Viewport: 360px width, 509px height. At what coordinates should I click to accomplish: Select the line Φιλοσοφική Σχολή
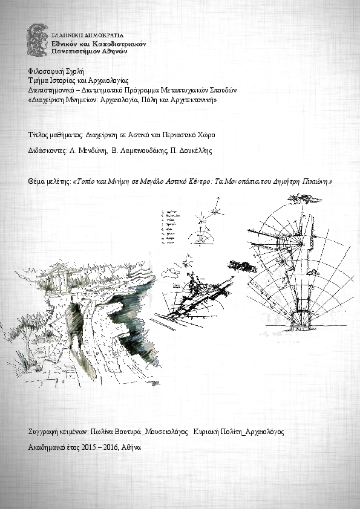(51, 71)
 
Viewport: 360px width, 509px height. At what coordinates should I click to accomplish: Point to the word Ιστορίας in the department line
(66, 81)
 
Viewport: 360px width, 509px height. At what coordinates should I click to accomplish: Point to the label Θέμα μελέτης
(49, 181)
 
